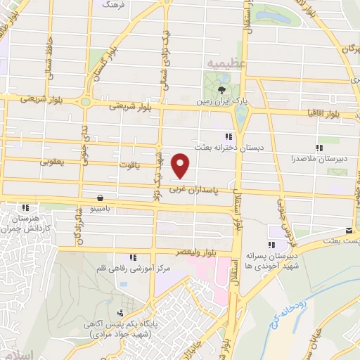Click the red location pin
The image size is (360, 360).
click(181, 165)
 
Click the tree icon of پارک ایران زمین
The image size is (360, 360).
click(221, 89)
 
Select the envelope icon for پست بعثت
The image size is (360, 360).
click(349, 230)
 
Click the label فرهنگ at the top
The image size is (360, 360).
click(112, 4)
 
